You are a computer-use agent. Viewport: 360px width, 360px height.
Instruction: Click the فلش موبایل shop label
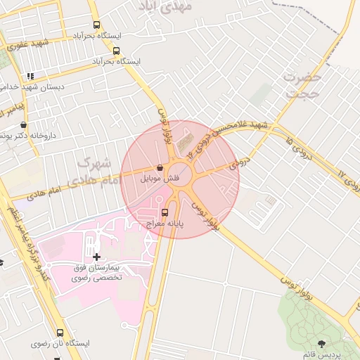tap(161, 179)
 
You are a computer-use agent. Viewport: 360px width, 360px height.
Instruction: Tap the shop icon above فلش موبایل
tap(161, 169)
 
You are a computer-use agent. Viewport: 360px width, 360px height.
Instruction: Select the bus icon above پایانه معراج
tap(165, 213)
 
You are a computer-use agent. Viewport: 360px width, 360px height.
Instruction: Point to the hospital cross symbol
tap(96, 257)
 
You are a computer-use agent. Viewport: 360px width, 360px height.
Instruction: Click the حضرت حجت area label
tap(303, 84)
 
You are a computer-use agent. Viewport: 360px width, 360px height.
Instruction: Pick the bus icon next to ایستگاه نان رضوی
tap(59, 333)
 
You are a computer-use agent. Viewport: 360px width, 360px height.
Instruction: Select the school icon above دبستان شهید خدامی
tap(30, 76)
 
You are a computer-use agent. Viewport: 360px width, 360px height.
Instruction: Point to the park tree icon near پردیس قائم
tap(321, 343)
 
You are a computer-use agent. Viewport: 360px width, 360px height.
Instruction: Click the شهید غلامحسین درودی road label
tap(232, 134)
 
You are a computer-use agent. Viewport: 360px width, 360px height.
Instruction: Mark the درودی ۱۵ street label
tap(303, 150)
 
